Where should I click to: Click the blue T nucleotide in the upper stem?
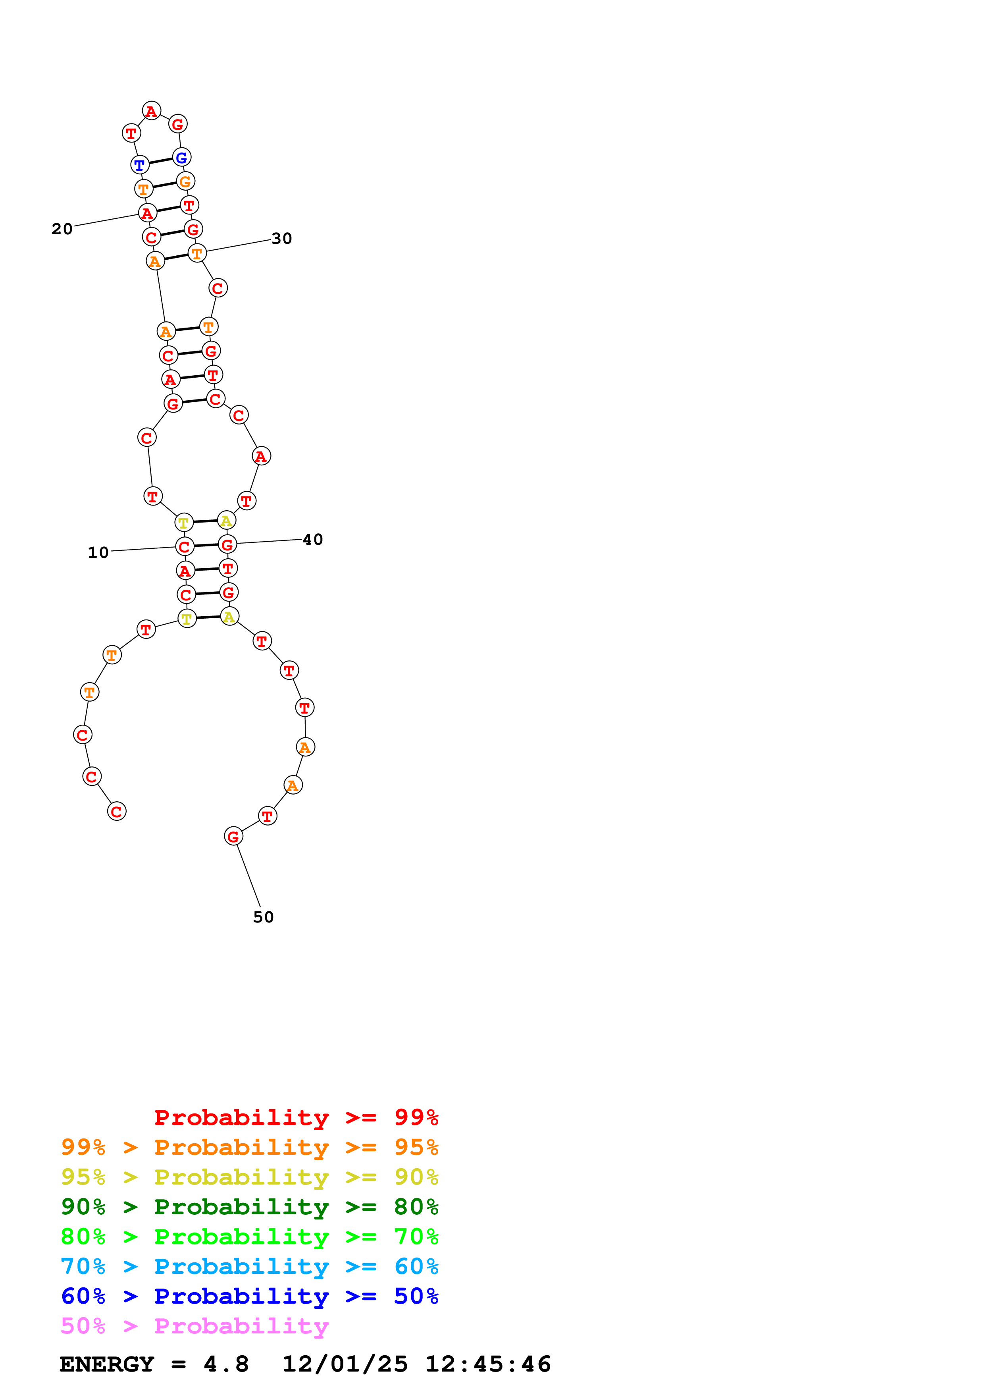[x=139, y=164]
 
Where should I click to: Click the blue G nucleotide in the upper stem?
[x=181, y=157]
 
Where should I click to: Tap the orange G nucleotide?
[x=185, y=181]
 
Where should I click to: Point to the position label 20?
[x=62, y=229]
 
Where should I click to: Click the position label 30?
[x=281, y=238]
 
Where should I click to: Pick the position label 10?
[x=98, y=552]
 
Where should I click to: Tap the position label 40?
[x=312, y=539]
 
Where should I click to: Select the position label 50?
[x=263, y=917]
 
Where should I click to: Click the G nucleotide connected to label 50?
[x=233, y=836]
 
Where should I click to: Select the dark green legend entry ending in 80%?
[x=249, y=1207]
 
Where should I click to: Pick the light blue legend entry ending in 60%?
[x=249, y=1266]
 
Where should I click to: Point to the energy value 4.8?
[x=225, y=1364]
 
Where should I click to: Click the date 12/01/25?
[x=345, y=1364]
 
